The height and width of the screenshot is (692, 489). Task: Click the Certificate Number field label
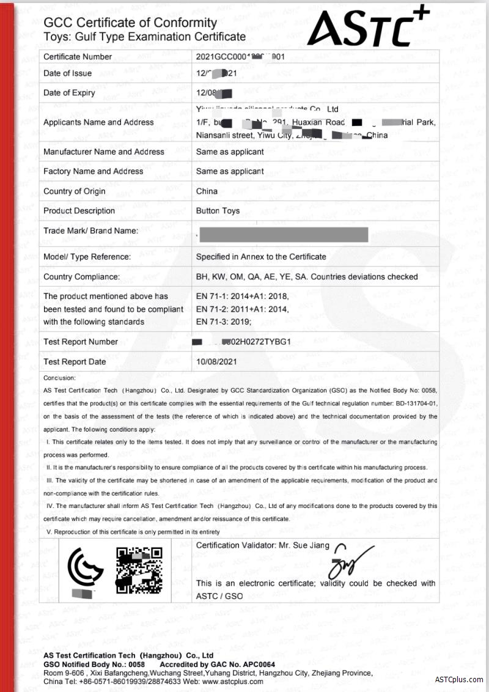pyautogui.click(x=78, y=57)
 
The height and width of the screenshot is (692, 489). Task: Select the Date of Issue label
pyautogui.click(x=67, y=73)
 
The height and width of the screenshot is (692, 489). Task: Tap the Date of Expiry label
pyautogui.click(x=69, y=93)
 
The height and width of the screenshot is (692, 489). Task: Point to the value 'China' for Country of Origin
pyautogui.click(x=207, y=191)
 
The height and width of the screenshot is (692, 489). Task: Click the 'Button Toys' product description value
pyautogui.click(x=218, y=211)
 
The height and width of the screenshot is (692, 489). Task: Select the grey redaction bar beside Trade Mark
pyautogui.click(x=284, y=234)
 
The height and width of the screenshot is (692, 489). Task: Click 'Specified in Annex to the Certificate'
pyautogui.click(x=261, y=257)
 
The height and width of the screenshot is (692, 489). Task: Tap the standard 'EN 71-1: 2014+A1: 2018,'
pyautogui.click(x=242, y=296)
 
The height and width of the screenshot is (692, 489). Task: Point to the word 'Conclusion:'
pyautogui.click(x=60, y=378)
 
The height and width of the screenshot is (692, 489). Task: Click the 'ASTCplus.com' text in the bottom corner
pyautogui.click(x=459, y=680)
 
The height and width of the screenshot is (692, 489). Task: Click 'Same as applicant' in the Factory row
pyautogui.click(x=230, y=172)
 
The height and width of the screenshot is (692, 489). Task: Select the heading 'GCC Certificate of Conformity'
pyautogui.click(x=130, y=23)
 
